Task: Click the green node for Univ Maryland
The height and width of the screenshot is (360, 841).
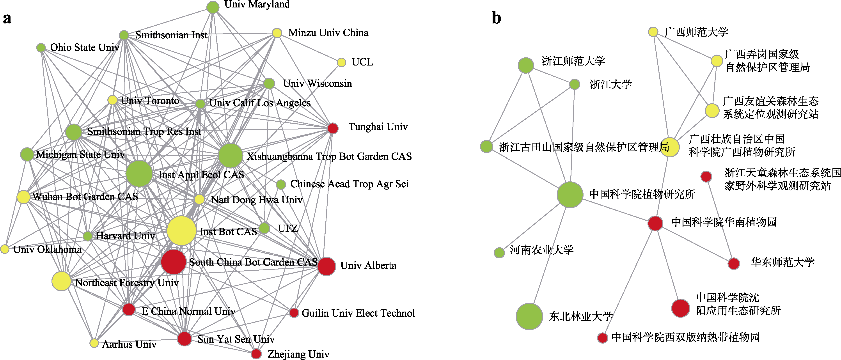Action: (213, 7)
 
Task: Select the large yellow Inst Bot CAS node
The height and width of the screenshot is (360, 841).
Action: (181, 231)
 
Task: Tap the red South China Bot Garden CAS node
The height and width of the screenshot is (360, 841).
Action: (173, 262)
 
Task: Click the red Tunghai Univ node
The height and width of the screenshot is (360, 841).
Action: (332, 128)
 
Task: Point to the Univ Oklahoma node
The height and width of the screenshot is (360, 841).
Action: (5, 249)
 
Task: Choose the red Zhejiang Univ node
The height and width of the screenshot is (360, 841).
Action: (256, 353)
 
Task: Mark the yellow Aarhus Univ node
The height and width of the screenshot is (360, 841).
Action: (94, 343)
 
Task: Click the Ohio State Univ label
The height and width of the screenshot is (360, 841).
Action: (85, 48)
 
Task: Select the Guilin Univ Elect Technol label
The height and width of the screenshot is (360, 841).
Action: (358, 313)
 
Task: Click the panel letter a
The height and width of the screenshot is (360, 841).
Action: (7, 19)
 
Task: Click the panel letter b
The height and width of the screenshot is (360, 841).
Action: (496, 18)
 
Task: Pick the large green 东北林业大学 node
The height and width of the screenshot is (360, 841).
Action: (529, 316)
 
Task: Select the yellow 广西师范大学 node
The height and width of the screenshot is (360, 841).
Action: (653, 32)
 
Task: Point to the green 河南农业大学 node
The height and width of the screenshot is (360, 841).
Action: (499, 252)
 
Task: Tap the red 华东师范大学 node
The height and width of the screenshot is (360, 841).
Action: (734, 263)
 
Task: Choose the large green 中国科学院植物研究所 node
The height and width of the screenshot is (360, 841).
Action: (570, 195)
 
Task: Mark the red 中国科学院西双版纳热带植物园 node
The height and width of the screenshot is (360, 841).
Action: (602, 337)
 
